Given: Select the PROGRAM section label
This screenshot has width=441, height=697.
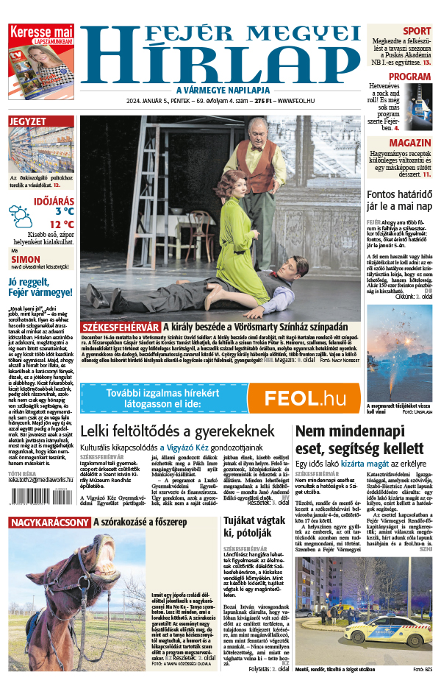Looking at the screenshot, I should (x=409, y=77).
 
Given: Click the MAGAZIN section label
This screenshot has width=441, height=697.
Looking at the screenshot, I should (x=410, y=142).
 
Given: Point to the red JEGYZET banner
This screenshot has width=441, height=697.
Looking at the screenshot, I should (x=40, y=121).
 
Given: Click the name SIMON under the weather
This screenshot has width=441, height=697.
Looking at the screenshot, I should (x=26, y=260).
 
